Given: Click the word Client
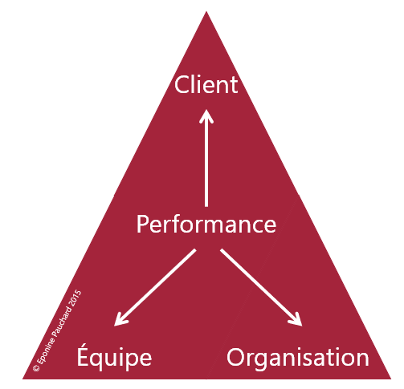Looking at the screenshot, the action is click(206, 84).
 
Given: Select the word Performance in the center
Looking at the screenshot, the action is click(206, 224).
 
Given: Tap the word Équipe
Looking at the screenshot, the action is click(114, 355).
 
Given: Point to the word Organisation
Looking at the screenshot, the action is click(298, 359).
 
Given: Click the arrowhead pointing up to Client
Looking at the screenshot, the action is click(206, 115).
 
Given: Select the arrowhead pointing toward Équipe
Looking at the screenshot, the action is click(120, 319).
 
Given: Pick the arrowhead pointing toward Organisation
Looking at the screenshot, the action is click(296, 319).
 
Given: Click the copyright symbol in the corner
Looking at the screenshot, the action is click(36, 368).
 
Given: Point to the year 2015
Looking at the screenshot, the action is click(75, 298).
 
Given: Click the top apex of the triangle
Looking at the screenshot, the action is click(206, 11).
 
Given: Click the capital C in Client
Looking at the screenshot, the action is click(182, 84).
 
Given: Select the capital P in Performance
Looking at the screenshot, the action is click(142, 224).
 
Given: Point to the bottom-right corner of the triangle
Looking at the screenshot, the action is click(390, 379).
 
